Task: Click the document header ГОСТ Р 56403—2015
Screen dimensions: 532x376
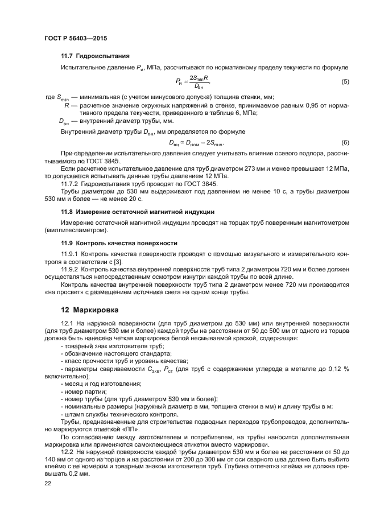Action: coord(75,38)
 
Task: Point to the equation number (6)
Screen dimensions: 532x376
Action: coord(345,142)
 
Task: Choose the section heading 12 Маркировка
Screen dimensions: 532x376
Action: coord(89,310)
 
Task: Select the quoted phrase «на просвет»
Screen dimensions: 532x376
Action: coord(61,292)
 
